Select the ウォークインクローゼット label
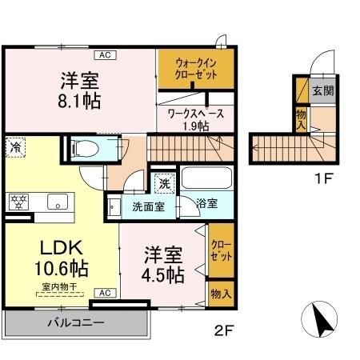pyautogui.click(x=196, y=70)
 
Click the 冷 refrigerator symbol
pyautogui.click(x=16, y=146)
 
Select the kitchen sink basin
pyautogui.click(x=57, y=202)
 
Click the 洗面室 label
pyautogui.click(x=149, y=205)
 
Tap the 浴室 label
pyautogui.click(x=207, y=204)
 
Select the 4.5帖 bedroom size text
pyautogui.click(x=163, y=266)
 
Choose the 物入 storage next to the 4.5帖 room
pyautogui.click(x=220, y=294)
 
